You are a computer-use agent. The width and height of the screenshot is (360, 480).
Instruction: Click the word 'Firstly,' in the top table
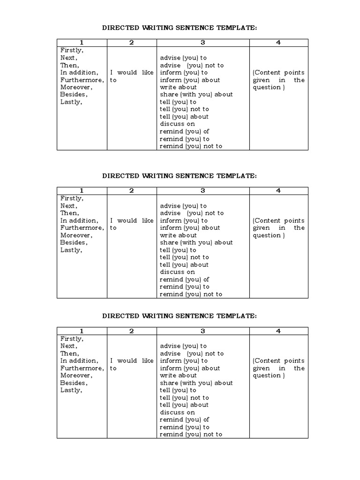coord(72,51)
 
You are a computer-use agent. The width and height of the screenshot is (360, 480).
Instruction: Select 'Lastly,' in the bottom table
coord(71,390)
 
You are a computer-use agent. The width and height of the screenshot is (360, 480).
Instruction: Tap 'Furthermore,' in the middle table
coord(82,228)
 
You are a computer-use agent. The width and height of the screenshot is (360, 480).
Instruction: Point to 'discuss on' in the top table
coord(177,124)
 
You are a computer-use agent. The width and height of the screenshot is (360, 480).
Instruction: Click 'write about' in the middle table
coord(178,235)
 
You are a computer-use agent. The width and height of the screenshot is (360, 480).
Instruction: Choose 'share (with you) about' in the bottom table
coord(196,383)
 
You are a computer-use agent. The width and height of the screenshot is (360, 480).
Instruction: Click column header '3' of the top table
coord(203,43)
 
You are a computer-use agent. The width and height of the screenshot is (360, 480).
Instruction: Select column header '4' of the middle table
coord(278,191)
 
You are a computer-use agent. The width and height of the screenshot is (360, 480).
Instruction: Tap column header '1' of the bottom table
coord(82,331)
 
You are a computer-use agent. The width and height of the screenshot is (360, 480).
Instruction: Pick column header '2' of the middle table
coord(132,191)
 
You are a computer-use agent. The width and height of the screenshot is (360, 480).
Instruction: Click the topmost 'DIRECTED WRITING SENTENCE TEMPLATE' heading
coord(180,28)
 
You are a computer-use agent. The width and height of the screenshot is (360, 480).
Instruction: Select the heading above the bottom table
coord(180,316)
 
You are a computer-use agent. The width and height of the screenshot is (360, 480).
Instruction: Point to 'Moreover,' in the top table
coord(76,87)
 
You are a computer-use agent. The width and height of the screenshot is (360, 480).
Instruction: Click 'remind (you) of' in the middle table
coord(184,279)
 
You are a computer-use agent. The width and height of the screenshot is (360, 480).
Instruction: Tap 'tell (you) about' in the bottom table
coord(184,405)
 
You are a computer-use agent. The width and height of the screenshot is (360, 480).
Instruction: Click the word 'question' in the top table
coord(267,87)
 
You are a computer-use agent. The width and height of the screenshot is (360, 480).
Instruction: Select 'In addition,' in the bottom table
coord(79,361)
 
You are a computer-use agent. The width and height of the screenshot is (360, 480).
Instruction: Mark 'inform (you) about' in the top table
coord(189,80)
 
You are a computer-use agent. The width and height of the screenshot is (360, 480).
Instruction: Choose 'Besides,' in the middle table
coord(74,242)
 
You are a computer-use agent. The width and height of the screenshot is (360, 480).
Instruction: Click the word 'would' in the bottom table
coord(127,361)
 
